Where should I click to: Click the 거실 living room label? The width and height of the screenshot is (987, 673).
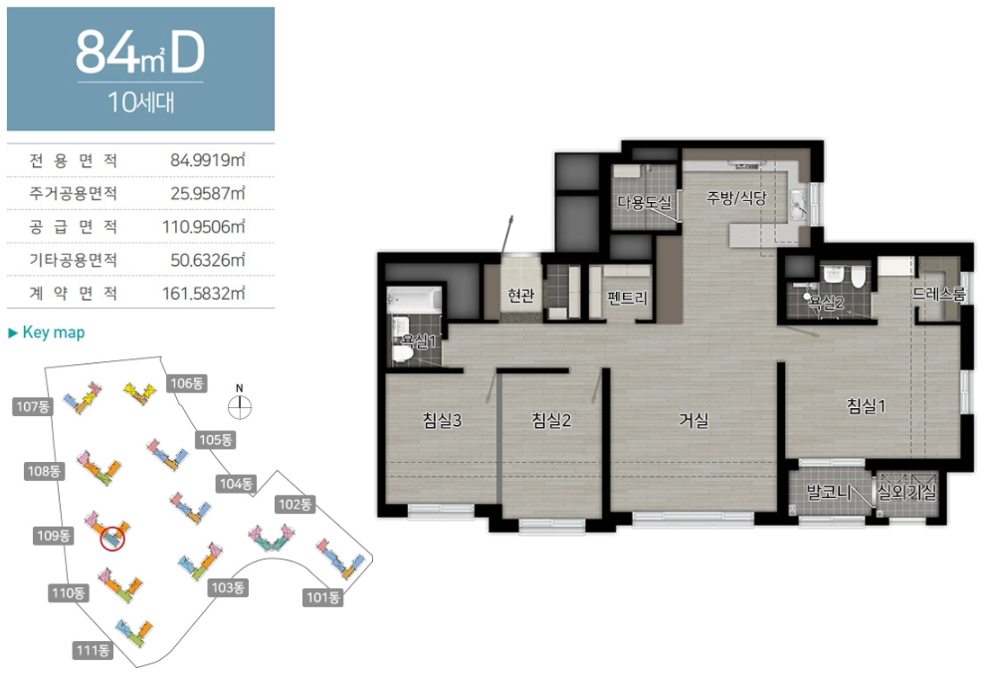point(693,420)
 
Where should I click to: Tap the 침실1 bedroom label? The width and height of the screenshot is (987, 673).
point(867,406)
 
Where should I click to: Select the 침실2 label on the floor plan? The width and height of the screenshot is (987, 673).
point(551,420)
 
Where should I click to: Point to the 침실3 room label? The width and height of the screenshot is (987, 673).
point(442,420)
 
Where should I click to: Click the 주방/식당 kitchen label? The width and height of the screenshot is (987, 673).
point(736,198)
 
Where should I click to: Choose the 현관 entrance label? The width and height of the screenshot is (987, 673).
point(521,294)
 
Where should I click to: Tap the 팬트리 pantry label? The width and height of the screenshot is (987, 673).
point(627,297)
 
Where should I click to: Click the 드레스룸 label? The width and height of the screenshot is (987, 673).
point(938,294)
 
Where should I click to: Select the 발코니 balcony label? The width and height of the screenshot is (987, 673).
point(829,492)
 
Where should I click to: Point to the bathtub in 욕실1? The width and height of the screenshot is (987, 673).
point(414,299)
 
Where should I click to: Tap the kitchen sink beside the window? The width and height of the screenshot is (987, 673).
point(798,205)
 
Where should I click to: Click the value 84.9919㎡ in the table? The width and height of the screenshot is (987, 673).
point(208,160)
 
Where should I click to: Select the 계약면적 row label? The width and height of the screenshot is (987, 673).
point(73,293)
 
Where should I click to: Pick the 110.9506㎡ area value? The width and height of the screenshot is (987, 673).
point(203,227)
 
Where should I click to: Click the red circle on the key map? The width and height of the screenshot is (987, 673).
point(113,538)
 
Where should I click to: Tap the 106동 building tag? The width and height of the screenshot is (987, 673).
point(187,383)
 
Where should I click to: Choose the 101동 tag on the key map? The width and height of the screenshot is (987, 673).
point(323,596)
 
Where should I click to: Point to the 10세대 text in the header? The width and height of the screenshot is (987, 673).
point(140,102)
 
